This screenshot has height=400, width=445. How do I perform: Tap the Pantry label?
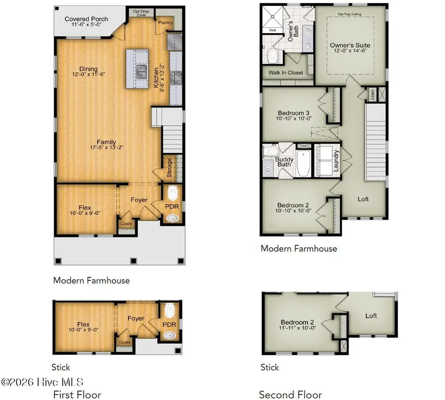point(164,23)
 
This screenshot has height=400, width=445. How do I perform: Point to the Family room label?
point(106,142)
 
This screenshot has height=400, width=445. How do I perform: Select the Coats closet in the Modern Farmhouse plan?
point(127,222)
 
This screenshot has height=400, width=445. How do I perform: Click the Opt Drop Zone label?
point(137,12)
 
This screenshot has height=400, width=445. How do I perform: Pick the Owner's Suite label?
point(350,45)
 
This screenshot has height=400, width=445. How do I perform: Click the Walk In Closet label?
point(286,73)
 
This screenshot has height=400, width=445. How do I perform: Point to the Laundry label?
point(336,160)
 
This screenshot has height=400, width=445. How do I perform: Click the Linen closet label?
point(371,93)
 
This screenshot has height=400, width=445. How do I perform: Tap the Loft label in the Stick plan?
point(371,315)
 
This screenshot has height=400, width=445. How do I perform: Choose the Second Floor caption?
point(290,395)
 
